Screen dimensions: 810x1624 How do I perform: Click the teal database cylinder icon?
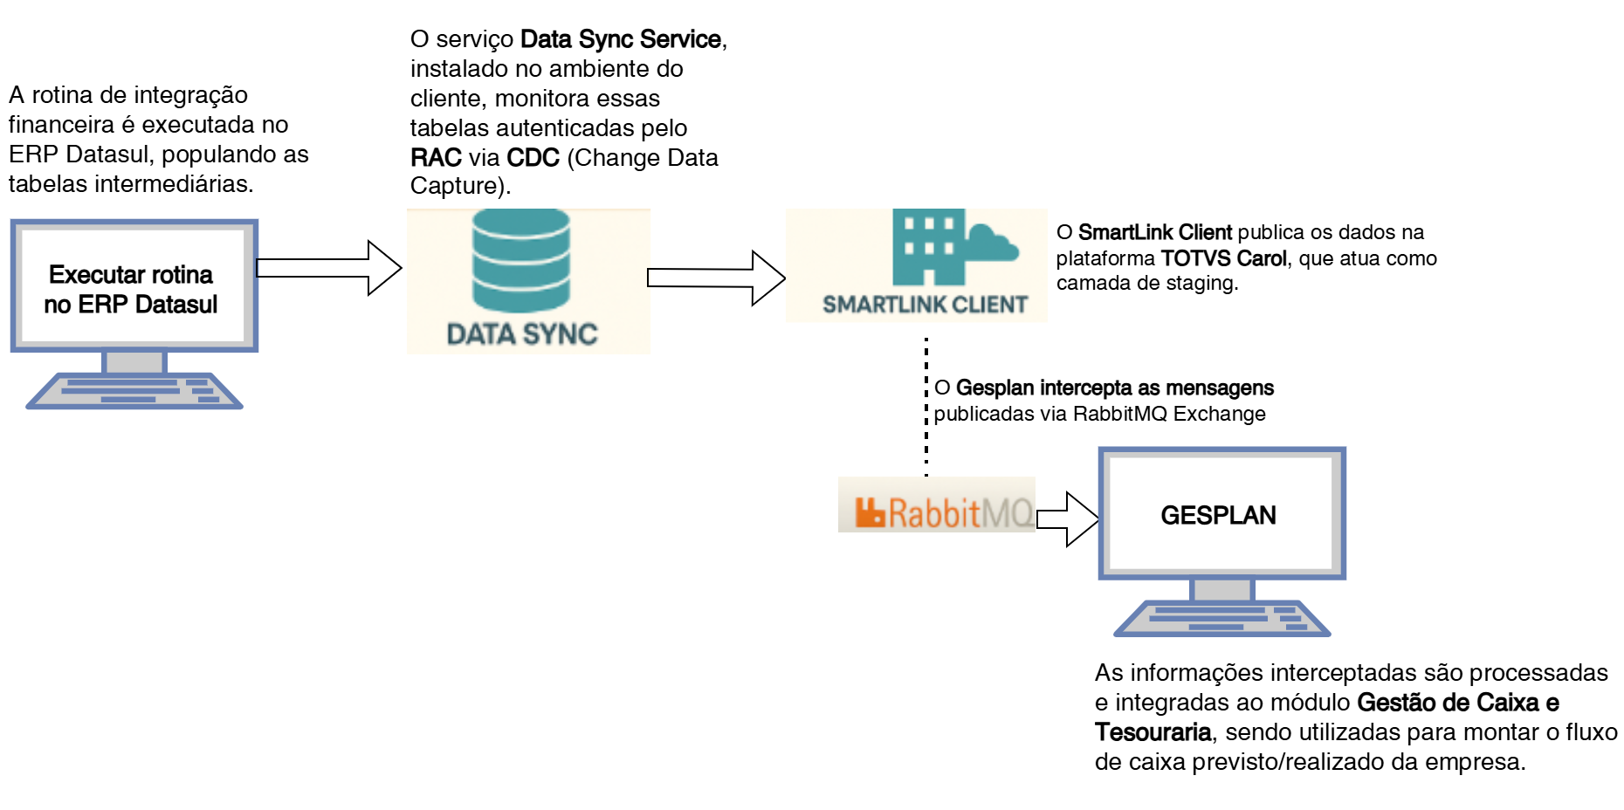pos(521,260)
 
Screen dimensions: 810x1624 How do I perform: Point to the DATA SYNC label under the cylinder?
pos(522,334)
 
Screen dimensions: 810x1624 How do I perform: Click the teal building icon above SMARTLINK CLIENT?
pos(929,247)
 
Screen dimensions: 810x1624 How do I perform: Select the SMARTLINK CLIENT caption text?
pos(925,305)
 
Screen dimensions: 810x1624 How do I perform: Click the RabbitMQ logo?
pos(938,512)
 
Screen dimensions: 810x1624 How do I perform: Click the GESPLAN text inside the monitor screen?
pos(1218,515)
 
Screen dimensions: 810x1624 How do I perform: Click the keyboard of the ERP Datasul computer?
pos(134,390)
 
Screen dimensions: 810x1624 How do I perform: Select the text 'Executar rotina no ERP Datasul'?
pos(131,289)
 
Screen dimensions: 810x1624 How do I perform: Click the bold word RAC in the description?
pos(436,158)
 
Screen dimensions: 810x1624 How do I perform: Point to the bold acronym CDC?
pos(533,158)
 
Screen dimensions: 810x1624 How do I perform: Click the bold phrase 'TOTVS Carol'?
pos(1223,258)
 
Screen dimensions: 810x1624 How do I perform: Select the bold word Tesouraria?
pos(1153,732)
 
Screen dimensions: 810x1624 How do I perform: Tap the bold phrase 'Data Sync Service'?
pos(620,39)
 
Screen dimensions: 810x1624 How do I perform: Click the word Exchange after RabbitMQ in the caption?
pos(1219,414)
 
